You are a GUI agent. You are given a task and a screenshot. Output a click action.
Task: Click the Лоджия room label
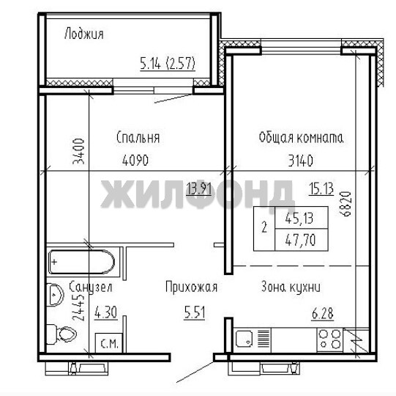pos(84,34)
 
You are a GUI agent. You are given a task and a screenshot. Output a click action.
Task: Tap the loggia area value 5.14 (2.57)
pos(168,63)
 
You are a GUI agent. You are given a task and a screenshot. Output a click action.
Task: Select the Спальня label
pos(138,138)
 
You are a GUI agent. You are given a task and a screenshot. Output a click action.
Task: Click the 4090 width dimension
pos(135,160)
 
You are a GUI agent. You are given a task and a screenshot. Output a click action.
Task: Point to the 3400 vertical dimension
pos(78,151)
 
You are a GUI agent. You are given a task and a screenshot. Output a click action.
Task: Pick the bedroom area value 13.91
pos(199,188)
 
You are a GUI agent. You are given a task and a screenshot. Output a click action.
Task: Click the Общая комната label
pos(301,138)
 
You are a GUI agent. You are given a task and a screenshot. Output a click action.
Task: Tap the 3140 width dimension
pos(301,161)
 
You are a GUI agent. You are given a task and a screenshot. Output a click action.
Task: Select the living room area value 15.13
pos(321,188)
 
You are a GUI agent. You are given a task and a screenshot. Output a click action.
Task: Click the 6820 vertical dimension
pos(345,204)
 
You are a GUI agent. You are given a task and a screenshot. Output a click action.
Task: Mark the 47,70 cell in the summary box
pos(300,240)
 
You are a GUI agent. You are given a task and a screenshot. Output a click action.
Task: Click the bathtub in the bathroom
pos(81,262)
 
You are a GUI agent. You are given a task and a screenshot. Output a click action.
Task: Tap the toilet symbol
pos(61,334)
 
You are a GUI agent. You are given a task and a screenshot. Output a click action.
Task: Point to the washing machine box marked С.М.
pos(109,343)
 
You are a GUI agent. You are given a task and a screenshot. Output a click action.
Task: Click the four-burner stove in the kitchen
pos(330,340)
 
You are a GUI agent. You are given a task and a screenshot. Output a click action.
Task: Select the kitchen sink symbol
pos(244,340)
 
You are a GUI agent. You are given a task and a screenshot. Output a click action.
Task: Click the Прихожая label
pos(192,287)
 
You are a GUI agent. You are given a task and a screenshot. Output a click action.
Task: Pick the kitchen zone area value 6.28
pos(323,314)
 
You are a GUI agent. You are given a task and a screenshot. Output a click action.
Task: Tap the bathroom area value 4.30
pos(106,312)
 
